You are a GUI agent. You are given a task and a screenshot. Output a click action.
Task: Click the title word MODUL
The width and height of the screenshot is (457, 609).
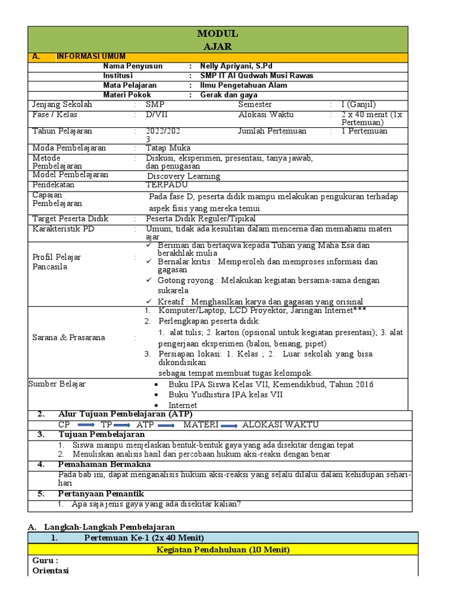click(218, 34)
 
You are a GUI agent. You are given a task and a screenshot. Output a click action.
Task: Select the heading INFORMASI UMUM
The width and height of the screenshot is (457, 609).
click(91, 56)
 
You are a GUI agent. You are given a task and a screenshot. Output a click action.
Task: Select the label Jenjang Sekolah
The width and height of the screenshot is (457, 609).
click(62, 105)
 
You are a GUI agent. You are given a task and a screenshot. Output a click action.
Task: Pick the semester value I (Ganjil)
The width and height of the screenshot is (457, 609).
click(358, 105)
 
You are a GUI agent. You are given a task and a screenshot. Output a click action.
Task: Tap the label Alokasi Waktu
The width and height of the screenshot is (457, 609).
click(266, 114)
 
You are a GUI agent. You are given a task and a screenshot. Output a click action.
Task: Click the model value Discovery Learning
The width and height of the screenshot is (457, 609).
click(184, 176)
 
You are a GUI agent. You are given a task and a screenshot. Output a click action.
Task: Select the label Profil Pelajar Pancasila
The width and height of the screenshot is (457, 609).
click(57, 262)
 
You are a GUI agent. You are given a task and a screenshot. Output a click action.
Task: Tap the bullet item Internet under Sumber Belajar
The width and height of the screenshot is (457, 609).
click(182, 405)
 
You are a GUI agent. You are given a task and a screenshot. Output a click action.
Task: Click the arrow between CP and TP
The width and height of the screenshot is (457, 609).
click(86, 425)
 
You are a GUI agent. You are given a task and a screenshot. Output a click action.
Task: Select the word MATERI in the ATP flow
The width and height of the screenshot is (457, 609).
click(201, 425)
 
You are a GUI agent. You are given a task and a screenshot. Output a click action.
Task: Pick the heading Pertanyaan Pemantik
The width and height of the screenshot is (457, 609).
click(101, 494)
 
